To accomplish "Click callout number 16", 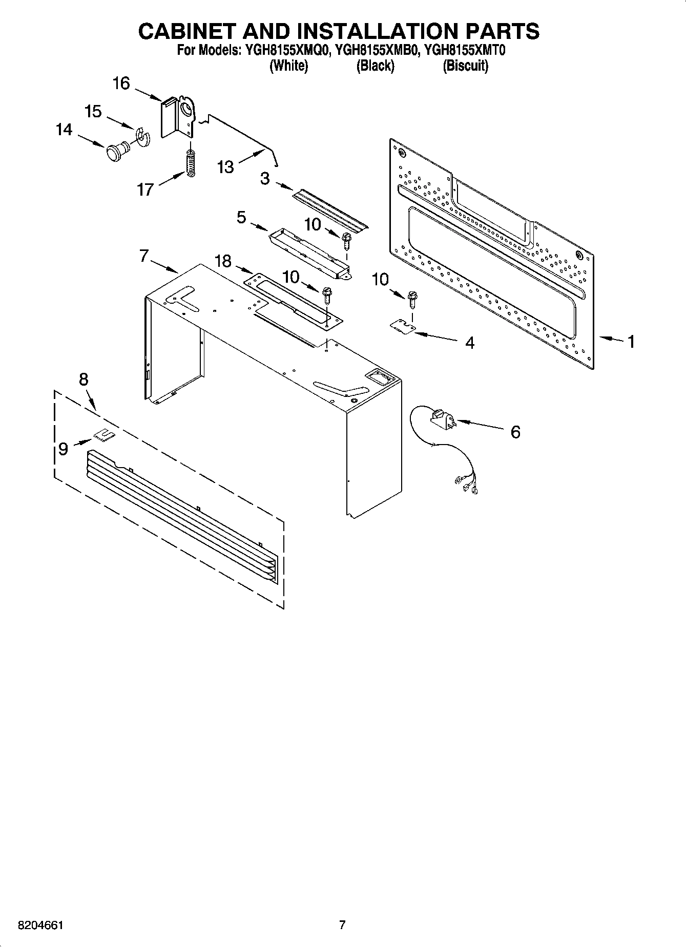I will (121, 83).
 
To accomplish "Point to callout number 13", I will (225, 167).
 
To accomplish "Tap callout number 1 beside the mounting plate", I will (631, 341).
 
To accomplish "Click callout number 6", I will (515, 432).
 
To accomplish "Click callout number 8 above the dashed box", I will (84, 380).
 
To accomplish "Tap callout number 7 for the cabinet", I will (144, 256).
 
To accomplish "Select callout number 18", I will (223, 262).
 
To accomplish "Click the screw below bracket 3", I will (347, 239).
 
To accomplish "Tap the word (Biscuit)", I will (465, 66).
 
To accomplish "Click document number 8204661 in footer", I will (40, 925).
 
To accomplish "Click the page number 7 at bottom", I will (342, 925).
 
